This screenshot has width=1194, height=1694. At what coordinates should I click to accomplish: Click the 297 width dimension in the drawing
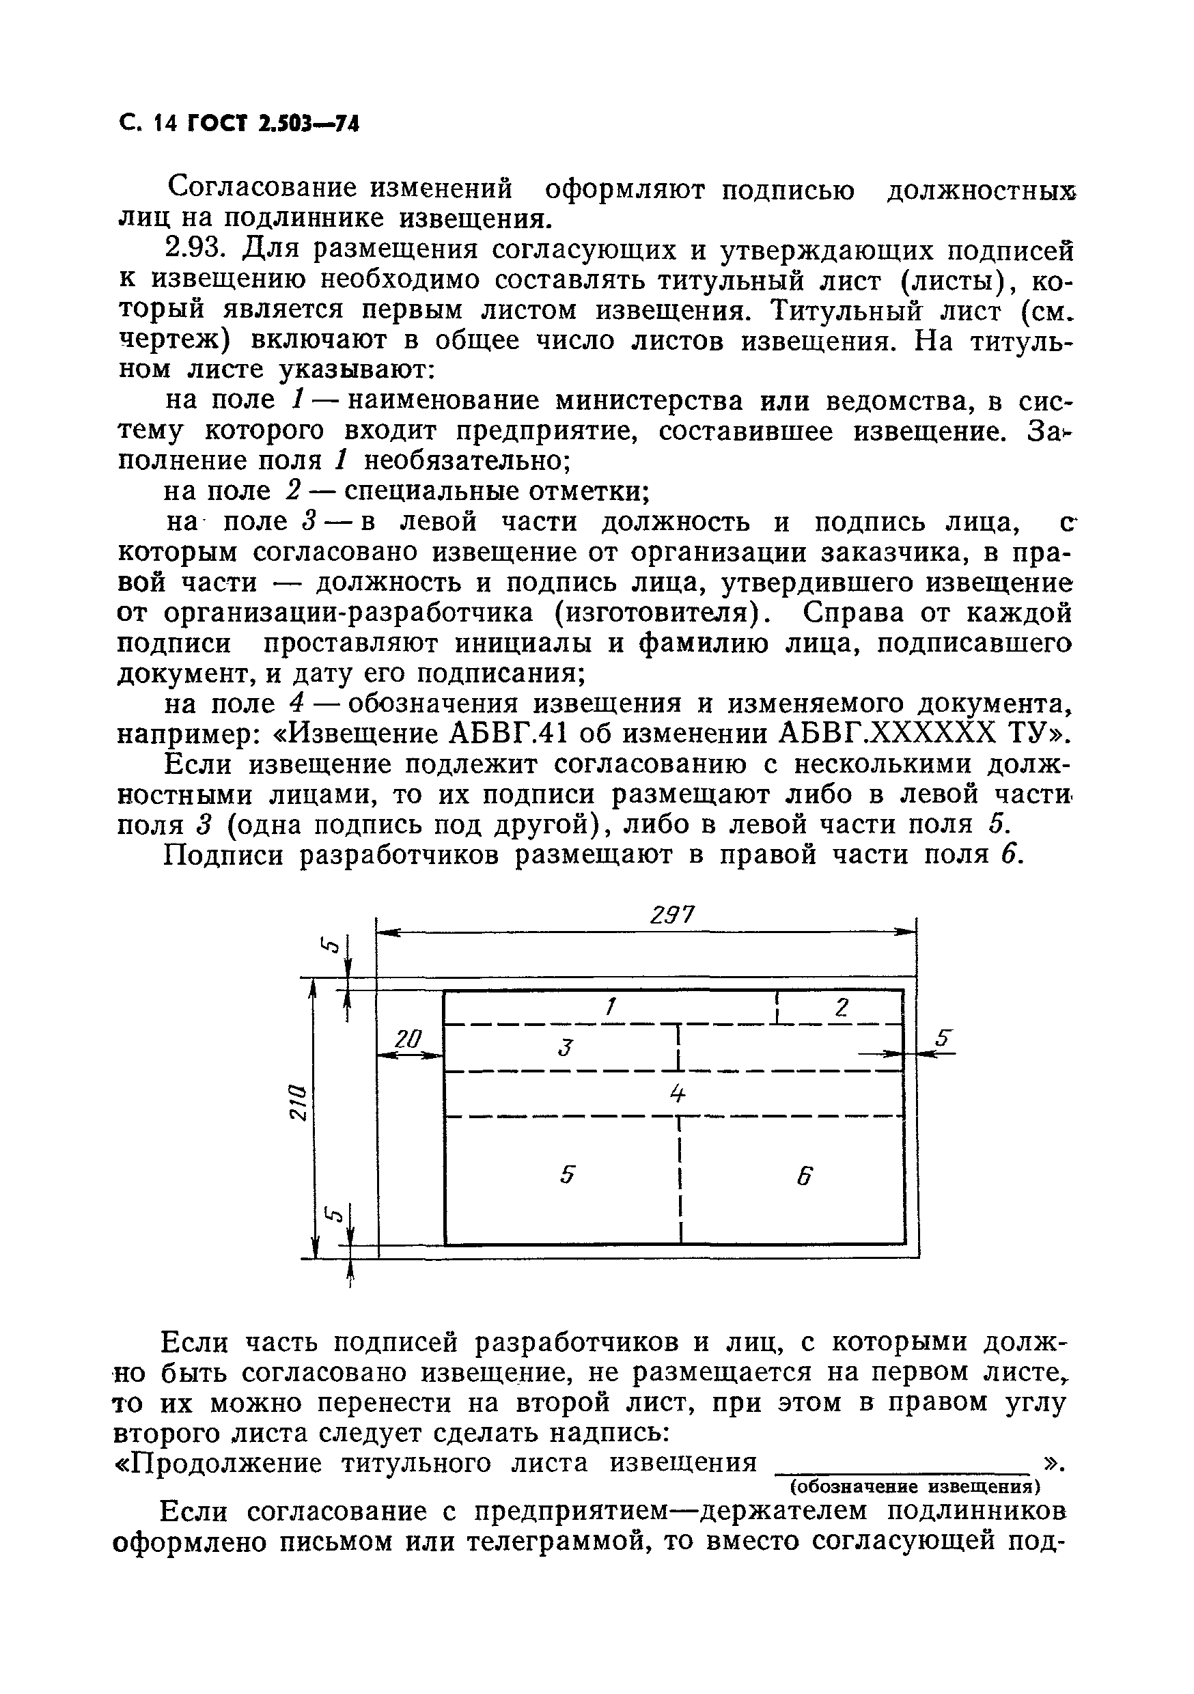[672, 915]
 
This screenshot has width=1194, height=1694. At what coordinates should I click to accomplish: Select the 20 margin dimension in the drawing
[406, 1040]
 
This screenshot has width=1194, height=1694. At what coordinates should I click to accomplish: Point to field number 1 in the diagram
[609, 1007]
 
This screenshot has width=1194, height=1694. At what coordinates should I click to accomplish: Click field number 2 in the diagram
[842, 1007]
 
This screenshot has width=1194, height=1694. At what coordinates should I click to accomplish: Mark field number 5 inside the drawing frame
[566, 1174]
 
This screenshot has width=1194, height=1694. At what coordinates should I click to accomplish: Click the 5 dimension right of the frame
[943, 1038]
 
